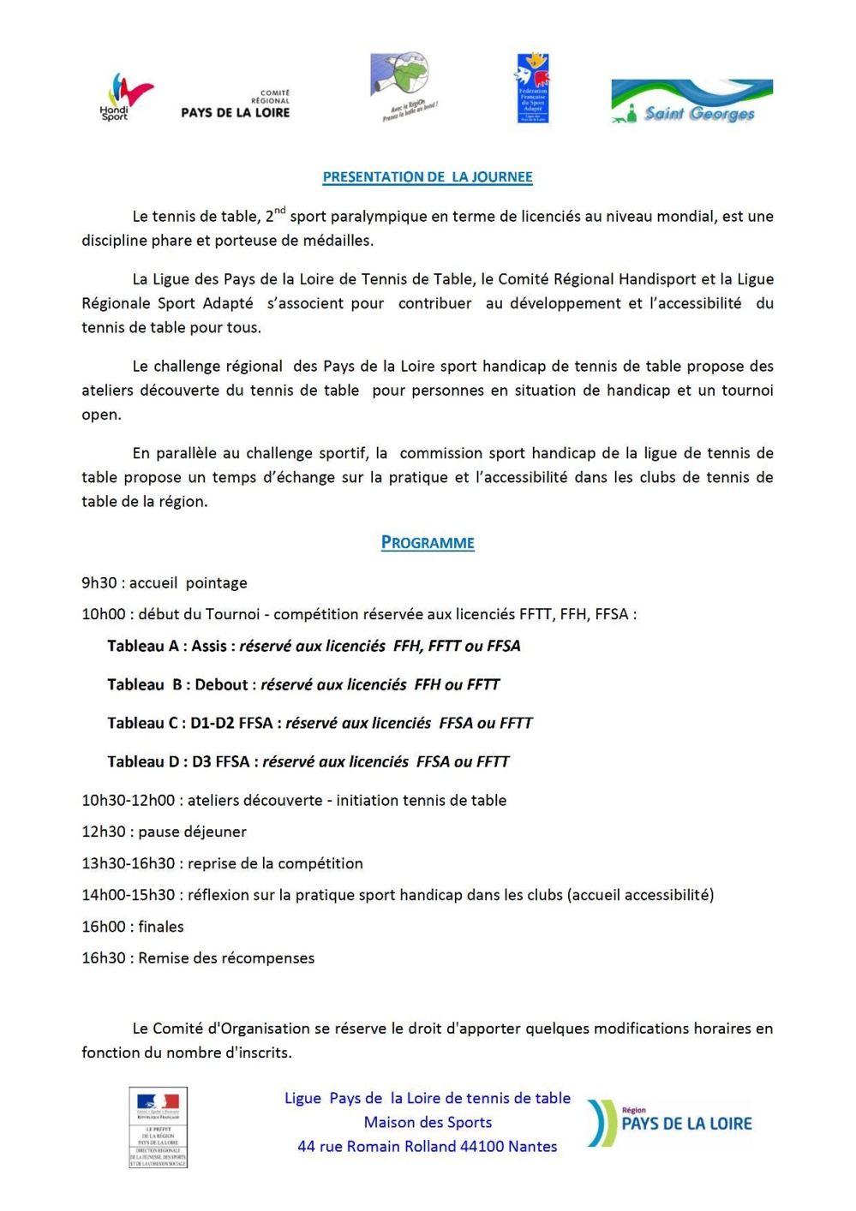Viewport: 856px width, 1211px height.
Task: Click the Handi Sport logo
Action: click(125, 97)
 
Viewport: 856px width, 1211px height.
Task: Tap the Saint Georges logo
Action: click(691, 102)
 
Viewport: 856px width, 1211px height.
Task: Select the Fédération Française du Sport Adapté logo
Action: click(532, 88)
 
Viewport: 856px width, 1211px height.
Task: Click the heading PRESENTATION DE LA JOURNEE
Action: click(427, 177)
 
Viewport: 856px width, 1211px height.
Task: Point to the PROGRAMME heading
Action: click(428, 542)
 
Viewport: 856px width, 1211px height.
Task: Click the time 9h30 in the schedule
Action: click(99, 583)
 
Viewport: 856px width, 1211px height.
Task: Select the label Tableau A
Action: click(142, 646)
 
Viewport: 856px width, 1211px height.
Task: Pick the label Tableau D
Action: click(143, 761)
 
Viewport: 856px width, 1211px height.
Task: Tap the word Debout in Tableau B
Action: click(221, 684)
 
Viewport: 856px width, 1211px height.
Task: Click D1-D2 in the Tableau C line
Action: click(213, 723)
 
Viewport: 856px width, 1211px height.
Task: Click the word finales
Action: click(161, 927)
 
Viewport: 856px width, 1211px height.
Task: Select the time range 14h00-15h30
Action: click(129, 895)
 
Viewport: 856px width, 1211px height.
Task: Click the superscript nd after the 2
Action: click(280, 211)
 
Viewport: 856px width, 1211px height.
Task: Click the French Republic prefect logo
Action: click(159, 1127)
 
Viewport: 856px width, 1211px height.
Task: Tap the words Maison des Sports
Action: click(428, 1122)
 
